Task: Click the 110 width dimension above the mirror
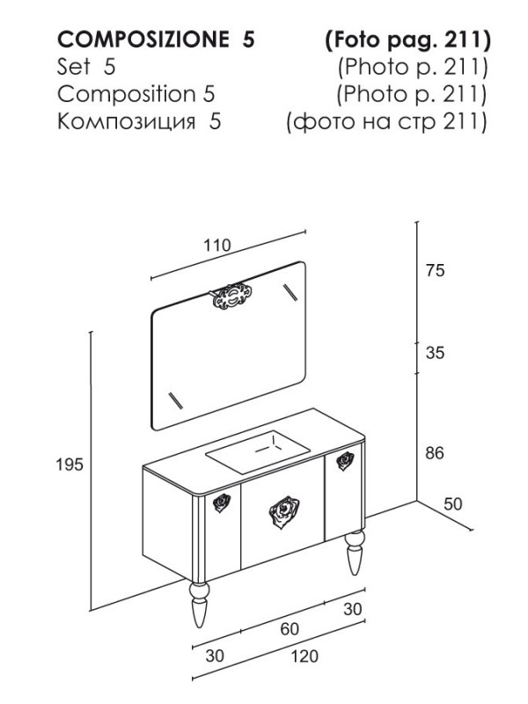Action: [217, 246]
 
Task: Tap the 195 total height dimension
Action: [70, 465]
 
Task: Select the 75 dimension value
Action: [435, 270]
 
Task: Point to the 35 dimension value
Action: [435, 353]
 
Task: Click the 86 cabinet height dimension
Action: [435, 453]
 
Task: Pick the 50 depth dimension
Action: [452, 503]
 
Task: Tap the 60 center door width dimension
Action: [290, 629]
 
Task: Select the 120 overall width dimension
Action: [304, 656]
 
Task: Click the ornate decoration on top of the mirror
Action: [231, 297]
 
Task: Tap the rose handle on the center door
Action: [284, 512]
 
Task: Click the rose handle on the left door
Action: [222, 502]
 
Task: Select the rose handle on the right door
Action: [345, 460]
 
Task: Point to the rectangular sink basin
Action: [258, 452]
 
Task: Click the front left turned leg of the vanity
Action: [199, 604]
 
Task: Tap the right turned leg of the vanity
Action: [356, 553]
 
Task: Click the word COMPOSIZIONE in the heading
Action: [143, 40]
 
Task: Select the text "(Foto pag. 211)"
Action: [407, 40]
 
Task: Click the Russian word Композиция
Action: [127, 121]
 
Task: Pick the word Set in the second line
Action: [74, 67]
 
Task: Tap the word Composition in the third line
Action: [127, 94]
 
